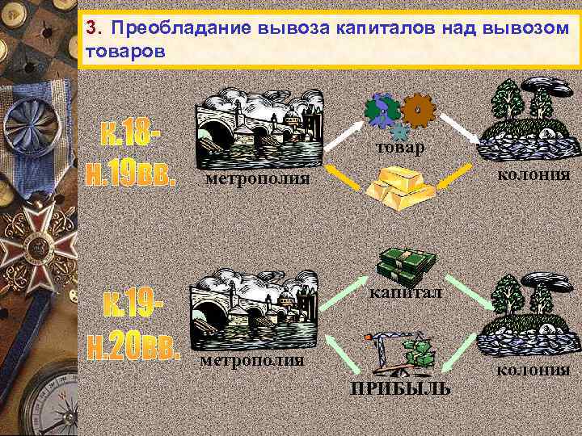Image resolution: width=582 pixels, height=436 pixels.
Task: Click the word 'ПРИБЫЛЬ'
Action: tap(401, 391)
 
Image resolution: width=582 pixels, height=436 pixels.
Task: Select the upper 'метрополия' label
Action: tap(257, 178)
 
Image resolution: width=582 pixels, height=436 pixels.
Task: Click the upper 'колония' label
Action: tap(534, 174)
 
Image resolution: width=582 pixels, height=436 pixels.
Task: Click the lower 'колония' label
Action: tap(533, 370)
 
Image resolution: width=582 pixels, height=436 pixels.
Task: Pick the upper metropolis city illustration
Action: tap(260, 125)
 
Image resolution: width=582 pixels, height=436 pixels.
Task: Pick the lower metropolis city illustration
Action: tap(247, 306)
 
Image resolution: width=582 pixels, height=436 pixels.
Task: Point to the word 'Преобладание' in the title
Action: tap(182, 29)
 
